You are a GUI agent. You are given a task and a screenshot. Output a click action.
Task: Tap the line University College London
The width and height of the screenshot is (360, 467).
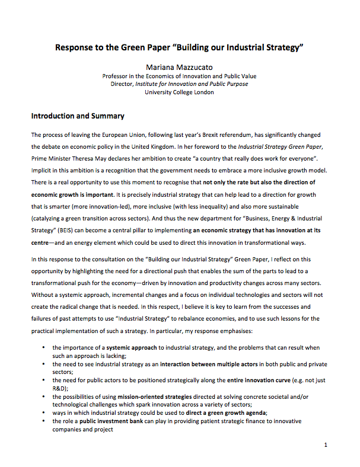179,92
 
